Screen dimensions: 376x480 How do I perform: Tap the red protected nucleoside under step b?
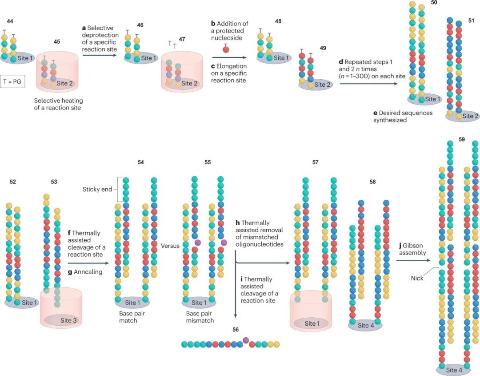(x=226, y=49)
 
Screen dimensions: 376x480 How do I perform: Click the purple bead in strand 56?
(x=246, y=340)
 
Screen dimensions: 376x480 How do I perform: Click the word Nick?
(x=417, y=278)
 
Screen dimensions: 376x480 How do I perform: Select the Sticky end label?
(x=97, y=189)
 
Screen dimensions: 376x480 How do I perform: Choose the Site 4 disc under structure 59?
(x=454, y=370)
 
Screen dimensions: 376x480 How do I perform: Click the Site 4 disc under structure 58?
(x=365, y=325)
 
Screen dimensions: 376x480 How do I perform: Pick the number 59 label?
(x=462, y=140)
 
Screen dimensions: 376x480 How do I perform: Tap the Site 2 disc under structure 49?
(x=316, y=85)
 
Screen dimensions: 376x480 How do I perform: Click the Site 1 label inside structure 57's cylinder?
(x=311, y=323)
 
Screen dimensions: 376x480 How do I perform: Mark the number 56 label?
(x=236, y=329)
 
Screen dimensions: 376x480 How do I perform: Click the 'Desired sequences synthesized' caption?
(x=403, y=116)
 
